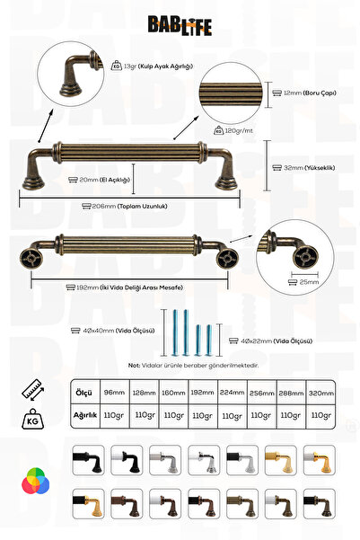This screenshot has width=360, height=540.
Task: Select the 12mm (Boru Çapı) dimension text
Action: [x=304, y=93]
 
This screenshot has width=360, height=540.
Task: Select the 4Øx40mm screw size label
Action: [x=117, y=332]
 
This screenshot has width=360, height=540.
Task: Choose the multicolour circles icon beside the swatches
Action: [x=33, y=482]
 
